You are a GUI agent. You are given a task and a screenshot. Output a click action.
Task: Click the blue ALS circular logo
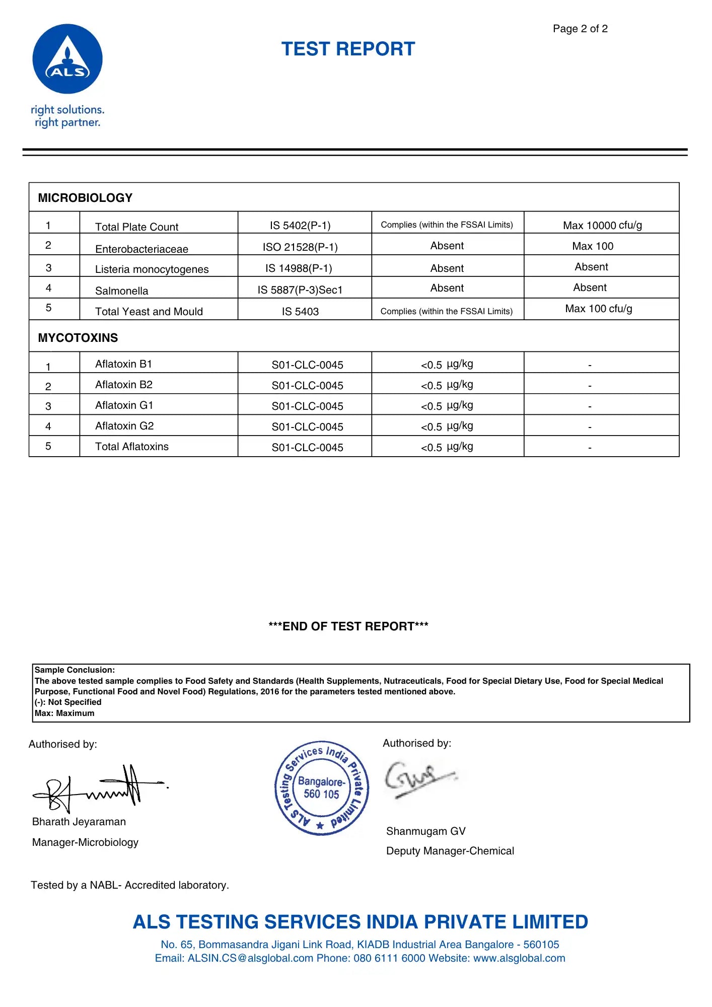(x=67, y=59)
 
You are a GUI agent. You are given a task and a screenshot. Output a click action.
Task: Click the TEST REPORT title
(x=348, y=49)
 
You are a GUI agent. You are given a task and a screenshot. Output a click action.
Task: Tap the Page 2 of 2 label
(x=580, y=29)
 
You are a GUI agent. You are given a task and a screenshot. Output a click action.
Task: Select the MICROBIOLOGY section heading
(x=85, y=198)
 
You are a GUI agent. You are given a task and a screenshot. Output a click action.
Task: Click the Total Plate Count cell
(x=136, y=227)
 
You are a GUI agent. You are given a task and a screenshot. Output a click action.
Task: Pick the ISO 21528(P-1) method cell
(x=300, y=247)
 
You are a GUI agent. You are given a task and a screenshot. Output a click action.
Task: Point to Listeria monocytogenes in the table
(x=152, y=269)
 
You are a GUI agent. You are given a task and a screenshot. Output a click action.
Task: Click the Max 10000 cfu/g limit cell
(x=602, y=225)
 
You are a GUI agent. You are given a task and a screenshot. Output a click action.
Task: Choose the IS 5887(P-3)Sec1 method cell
(x=300, y=290)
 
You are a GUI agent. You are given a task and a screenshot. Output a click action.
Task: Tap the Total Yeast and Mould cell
(x=149, y=311)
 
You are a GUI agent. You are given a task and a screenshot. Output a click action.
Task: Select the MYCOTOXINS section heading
(x=78, y=338)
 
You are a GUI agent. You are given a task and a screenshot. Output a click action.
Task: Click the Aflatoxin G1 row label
(x=124, y=405)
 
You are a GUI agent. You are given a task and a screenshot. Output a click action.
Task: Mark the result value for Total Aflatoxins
(x=447, y=447)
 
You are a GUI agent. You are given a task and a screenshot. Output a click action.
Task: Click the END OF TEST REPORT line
(x=348, y=626)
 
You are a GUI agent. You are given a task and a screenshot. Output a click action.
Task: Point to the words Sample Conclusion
(x=75, y=670)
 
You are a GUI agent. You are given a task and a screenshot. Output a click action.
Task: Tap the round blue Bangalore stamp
(x=322, y=788)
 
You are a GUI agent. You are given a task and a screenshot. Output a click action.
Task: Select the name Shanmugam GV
(x=425, y=831)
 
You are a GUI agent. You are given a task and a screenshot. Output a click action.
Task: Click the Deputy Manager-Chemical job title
(x=450, y=850)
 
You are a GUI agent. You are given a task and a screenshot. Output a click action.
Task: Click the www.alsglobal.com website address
(x=519, y=958)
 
